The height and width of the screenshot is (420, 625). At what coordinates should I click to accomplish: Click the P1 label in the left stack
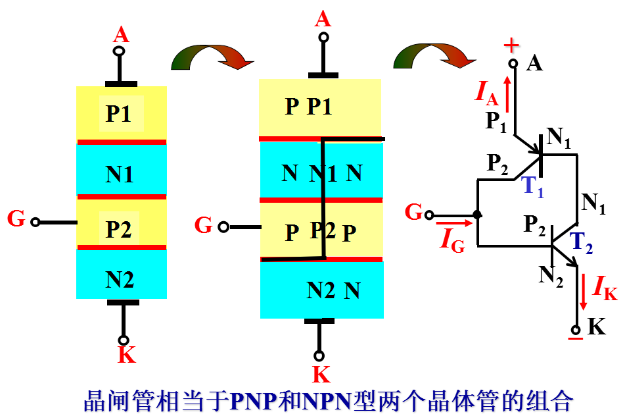click(x=118, y=113)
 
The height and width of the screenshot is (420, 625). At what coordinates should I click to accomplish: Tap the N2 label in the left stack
click(x=120, y=280)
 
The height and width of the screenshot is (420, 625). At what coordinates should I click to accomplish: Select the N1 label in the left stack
click(x=119, y=174)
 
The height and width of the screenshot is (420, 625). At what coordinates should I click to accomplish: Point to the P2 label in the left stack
click(x=118, y=229)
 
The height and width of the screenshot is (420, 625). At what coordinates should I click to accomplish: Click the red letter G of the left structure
click(x=16, y=219)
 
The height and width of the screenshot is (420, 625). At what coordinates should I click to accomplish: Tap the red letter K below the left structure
click(x=127, y=354)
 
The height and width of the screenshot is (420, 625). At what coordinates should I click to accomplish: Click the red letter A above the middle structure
click(x=323, y=19)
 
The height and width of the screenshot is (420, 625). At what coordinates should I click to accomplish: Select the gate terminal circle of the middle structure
click(x=223, y=227)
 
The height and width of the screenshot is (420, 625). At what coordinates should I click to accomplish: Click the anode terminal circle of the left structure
click(x=119, y=51)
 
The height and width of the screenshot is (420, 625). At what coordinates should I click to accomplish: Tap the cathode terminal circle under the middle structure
click(x=319, y=355)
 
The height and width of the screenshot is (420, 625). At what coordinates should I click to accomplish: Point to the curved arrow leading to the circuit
click(x=434, y=56)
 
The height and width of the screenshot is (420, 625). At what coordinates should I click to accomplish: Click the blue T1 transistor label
click(x=532, y=187)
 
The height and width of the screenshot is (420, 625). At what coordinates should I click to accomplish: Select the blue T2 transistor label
click(x=581, y=243)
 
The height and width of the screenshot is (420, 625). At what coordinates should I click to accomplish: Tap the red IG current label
click(x=452, y=240)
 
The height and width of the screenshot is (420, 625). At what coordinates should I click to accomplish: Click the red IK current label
click(x=605, y=288)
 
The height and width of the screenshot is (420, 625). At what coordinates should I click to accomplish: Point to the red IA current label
click(x=487, y=93)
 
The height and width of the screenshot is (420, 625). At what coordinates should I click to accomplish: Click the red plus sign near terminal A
click(x=511, y=45)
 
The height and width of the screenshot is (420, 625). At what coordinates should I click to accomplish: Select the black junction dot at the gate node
click(x=477, y=215)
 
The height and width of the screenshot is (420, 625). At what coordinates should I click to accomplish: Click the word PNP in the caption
click(x=254, y=401)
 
